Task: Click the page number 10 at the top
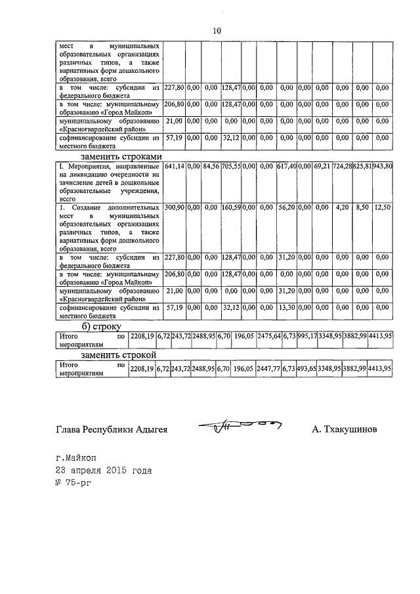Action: click(x=217, y=30)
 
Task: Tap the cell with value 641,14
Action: click(x=174, y=167)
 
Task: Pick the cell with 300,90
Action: click(x=174, y=207)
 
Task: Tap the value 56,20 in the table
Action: click(x=286, y=207)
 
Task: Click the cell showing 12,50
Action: click(x=382, y=207)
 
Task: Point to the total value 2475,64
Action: click(x=268, y=336)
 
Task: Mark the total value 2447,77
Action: click(x=268, y=370)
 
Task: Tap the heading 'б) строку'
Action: click(x=102, y=326)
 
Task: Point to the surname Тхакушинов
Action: click(x=345, y=430)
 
